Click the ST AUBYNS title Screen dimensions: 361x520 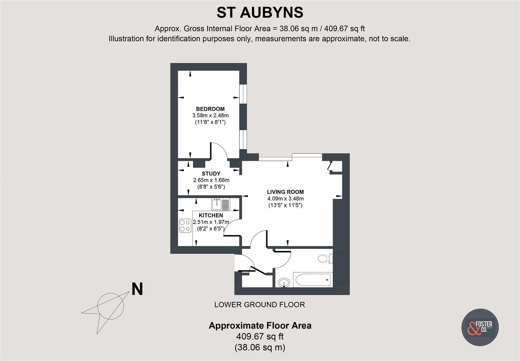click(x=260, y=13)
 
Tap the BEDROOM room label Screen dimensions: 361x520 click(x=210, y=109)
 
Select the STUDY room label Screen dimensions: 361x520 click(x=211, y=173)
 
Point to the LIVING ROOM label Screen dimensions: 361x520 click(x=285, y=192)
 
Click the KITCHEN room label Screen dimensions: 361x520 click(x=211, y=216)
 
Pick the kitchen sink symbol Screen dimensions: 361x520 click(x=221, y=204)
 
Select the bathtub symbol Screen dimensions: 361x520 click(x=312, y=280)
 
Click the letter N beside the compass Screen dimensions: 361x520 click(x=137, y=289)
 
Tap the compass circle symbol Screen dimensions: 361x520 click(x=110, y=306)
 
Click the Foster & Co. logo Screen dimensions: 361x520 click(x=480, y=327)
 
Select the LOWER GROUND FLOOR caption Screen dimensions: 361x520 click(x=259, y=305)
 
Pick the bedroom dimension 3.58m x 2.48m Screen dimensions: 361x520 click(x=210, y=116)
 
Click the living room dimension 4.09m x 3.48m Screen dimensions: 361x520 click(x=285, y=199)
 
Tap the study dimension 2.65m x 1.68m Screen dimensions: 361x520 click(x=211, y=180)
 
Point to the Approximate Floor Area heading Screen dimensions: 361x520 click(x=260, y=326)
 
